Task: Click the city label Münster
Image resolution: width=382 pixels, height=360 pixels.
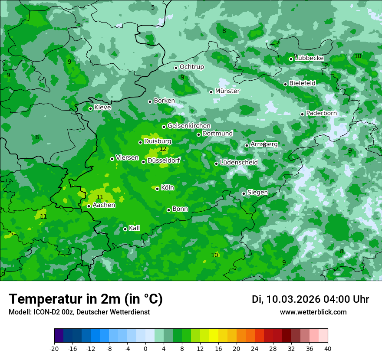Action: pos(227,91)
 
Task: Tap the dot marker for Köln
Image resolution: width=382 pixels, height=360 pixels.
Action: pos(157,189)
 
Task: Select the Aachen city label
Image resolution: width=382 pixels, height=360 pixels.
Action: pos(104,205)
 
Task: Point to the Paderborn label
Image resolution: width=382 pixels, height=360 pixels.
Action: pos(321,113)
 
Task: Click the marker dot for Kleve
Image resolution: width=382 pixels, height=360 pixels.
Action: pos(90,108)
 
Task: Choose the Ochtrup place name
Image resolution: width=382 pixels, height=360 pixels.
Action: pos(191,67)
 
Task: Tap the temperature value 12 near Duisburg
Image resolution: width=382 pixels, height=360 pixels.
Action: pos(163,149)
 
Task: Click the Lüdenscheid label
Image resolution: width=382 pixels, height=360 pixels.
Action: pos(239,163)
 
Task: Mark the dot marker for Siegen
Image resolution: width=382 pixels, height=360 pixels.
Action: pos(244,193)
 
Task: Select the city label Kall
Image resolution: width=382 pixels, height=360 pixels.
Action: pos(134,228)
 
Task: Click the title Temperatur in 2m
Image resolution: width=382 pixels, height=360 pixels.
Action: pos(86,299)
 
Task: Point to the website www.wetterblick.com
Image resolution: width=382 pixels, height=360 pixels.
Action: pos(313,312)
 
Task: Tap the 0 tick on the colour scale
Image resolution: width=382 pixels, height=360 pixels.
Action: pos(145,348)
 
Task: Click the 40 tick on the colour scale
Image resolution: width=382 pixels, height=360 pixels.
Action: pos(328,348)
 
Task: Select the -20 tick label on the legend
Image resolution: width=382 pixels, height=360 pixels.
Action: pos(54,348)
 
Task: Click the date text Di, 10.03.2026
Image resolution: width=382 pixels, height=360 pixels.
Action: pos(286,299)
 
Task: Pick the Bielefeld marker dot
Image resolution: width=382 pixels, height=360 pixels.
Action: pos(285,84)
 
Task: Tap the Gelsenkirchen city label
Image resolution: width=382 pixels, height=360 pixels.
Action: pos(189,126)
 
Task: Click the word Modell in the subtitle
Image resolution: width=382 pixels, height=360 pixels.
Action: pos(19,312)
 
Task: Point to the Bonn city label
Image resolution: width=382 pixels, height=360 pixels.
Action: pos(180,209)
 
